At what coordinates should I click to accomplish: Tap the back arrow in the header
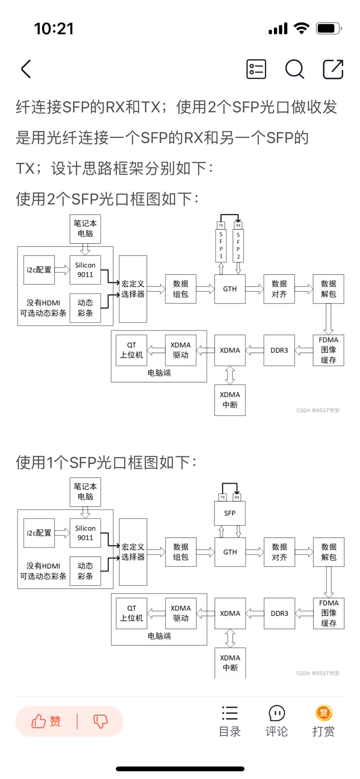26,69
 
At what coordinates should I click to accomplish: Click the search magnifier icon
294,69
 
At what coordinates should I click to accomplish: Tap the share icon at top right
333,69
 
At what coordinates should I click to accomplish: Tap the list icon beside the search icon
256,69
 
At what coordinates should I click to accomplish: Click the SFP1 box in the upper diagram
221,245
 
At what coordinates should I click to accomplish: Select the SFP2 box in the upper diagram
238,245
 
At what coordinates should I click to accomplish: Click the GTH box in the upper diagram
230,289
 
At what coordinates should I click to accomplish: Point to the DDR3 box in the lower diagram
279,613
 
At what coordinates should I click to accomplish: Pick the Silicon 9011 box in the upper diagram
85,270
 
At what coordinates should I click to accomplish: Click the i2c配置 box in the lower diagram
39,533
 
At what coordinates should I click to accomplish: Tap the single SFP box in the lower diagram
230,513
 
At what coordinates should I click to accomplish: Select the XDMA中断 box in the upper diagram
230,400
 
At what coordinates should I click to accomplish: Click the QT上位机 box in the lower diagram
131,613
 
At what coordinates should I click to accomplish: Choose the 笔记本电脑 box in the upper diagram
85,229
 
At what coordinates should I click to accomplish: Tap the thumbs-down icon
100,721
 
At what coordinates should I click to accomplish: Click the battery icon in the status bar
328,28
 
